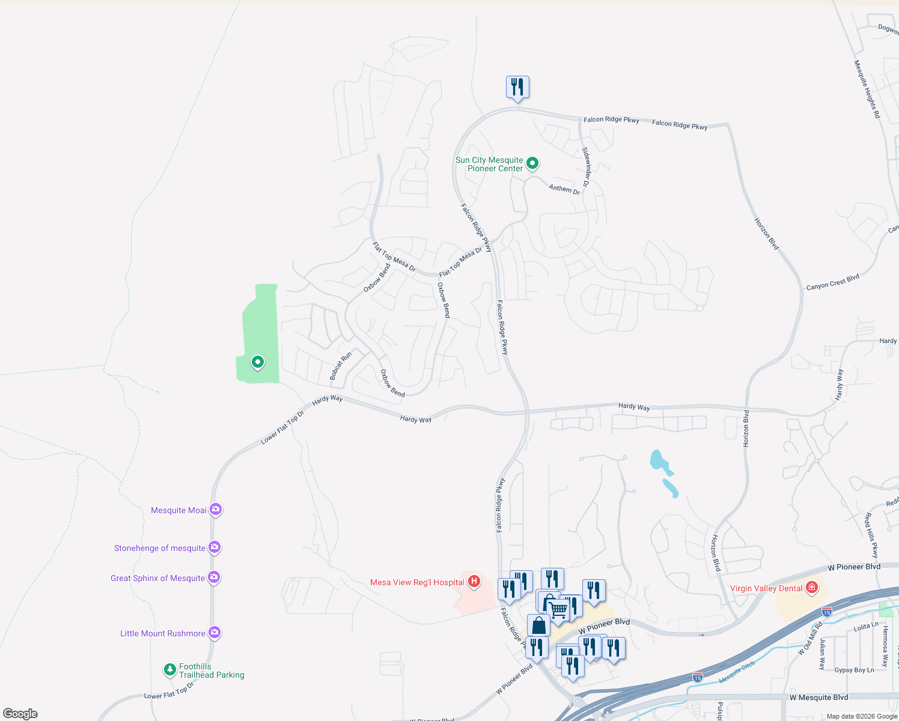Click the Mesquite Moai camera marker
coord(216,510)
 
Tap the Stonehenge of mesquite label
coord(160,548)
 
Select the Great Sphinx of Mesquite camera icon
coord(214,577)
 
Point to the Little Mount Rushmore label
coord(163,633)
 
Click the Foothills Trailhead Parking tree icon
coord(170,669)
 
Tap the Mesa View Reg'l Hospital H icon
coord(474,581)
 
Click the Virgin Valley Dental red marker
coord(812,587)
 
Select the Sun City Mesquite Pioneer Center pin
coord(532,163)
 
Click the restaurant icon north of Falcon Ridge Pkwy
coord(517,87)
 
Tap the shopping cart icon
coord(559,609)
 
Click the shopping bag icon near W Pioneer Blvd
coord(539,625)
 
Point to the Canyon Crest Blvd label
coord(832,282)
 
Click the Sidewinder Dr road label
coord(587,167)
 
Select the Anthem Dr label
coord(564,189)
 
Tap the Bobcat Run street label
coord(341,366)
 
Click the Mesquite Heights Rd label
coord(867,89)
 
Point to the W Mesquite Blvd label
coord(818,697)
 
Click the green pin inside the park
coord(258,362)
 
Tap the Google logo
coord(20,713)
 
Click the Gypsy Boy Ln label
coord(854,670)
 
